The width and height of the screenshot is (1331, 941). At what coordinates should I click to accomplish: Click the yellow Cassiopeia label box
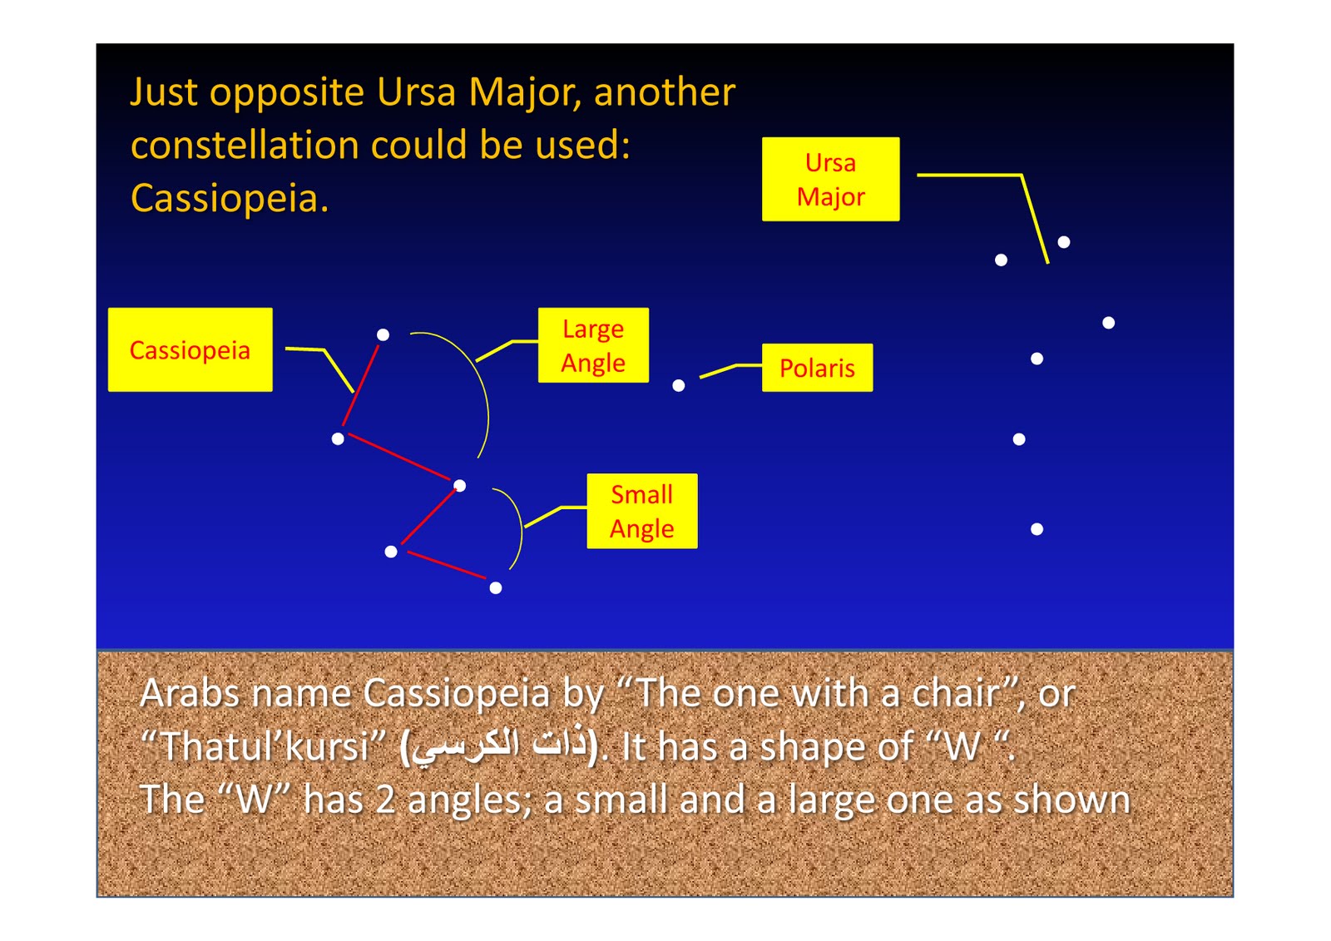coord(190,349)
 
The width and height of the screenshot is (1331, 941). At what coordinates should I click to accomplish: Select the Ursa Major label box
coord(830,179)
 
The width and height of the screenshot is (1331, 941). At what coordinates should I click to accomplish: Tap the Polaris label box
coord(817,368)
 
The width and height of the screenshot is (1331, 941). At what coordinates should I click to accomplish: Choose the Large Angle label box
coord(593,345)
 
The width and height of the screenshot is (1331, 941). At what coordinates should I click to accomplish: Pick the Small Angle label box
coord(641,511)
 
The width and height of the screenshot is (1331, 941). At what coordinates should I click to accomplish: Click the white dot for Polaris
coord(679,385)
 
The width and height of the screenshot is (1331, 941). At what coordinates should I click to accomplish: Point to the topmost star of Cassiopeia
coord(383,334)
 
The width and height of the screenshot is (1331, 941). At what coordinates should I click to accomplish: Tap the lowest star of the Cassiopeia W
coord(496,588)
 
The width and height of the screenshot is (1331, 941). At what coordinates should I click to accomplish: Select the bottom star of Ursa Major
coord(1037,529)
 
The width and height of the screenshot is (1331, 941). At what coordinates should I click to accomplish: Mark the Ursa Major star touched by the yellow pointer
coord(1064,242)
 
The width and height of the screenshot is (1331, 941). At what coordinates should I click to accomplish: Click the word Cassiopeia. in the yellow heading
coord(230,199)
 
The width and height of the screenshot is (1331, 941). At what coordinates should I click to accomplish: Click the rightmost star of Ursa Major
coord(1109,323)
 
